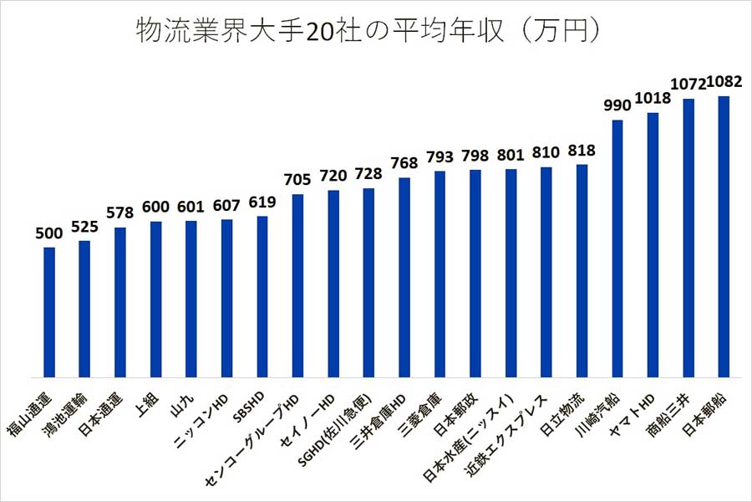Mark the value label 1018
point(653,98)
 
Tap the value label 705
point(297,180)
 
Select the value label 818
point(582,151)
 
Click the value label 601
point(191,207)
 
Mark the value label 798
point(475,156)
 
